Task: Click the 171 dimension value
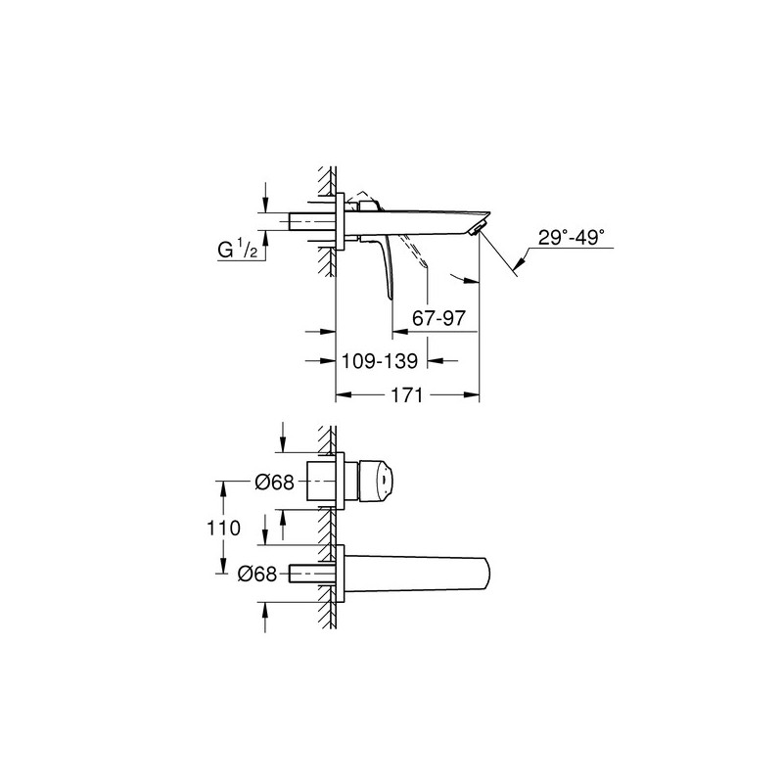(x=406, y=395)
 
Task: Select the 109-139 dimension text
(x=379, y=360)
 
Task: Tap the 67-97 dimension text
(x=438, y=317)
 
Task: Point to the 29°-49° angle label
(x=572, y=237)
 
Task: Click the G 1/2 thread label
(x=238, y=249)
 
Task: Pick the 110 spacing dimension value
(x=224, y=528)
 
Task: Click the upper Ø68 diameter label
(x=275, y=483)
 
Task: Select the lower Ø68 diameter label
(x=257, y=575)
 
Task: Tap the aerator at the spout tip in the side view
(x=477, y=229)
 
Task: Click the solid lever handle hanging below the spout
(x=386, y=267)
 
